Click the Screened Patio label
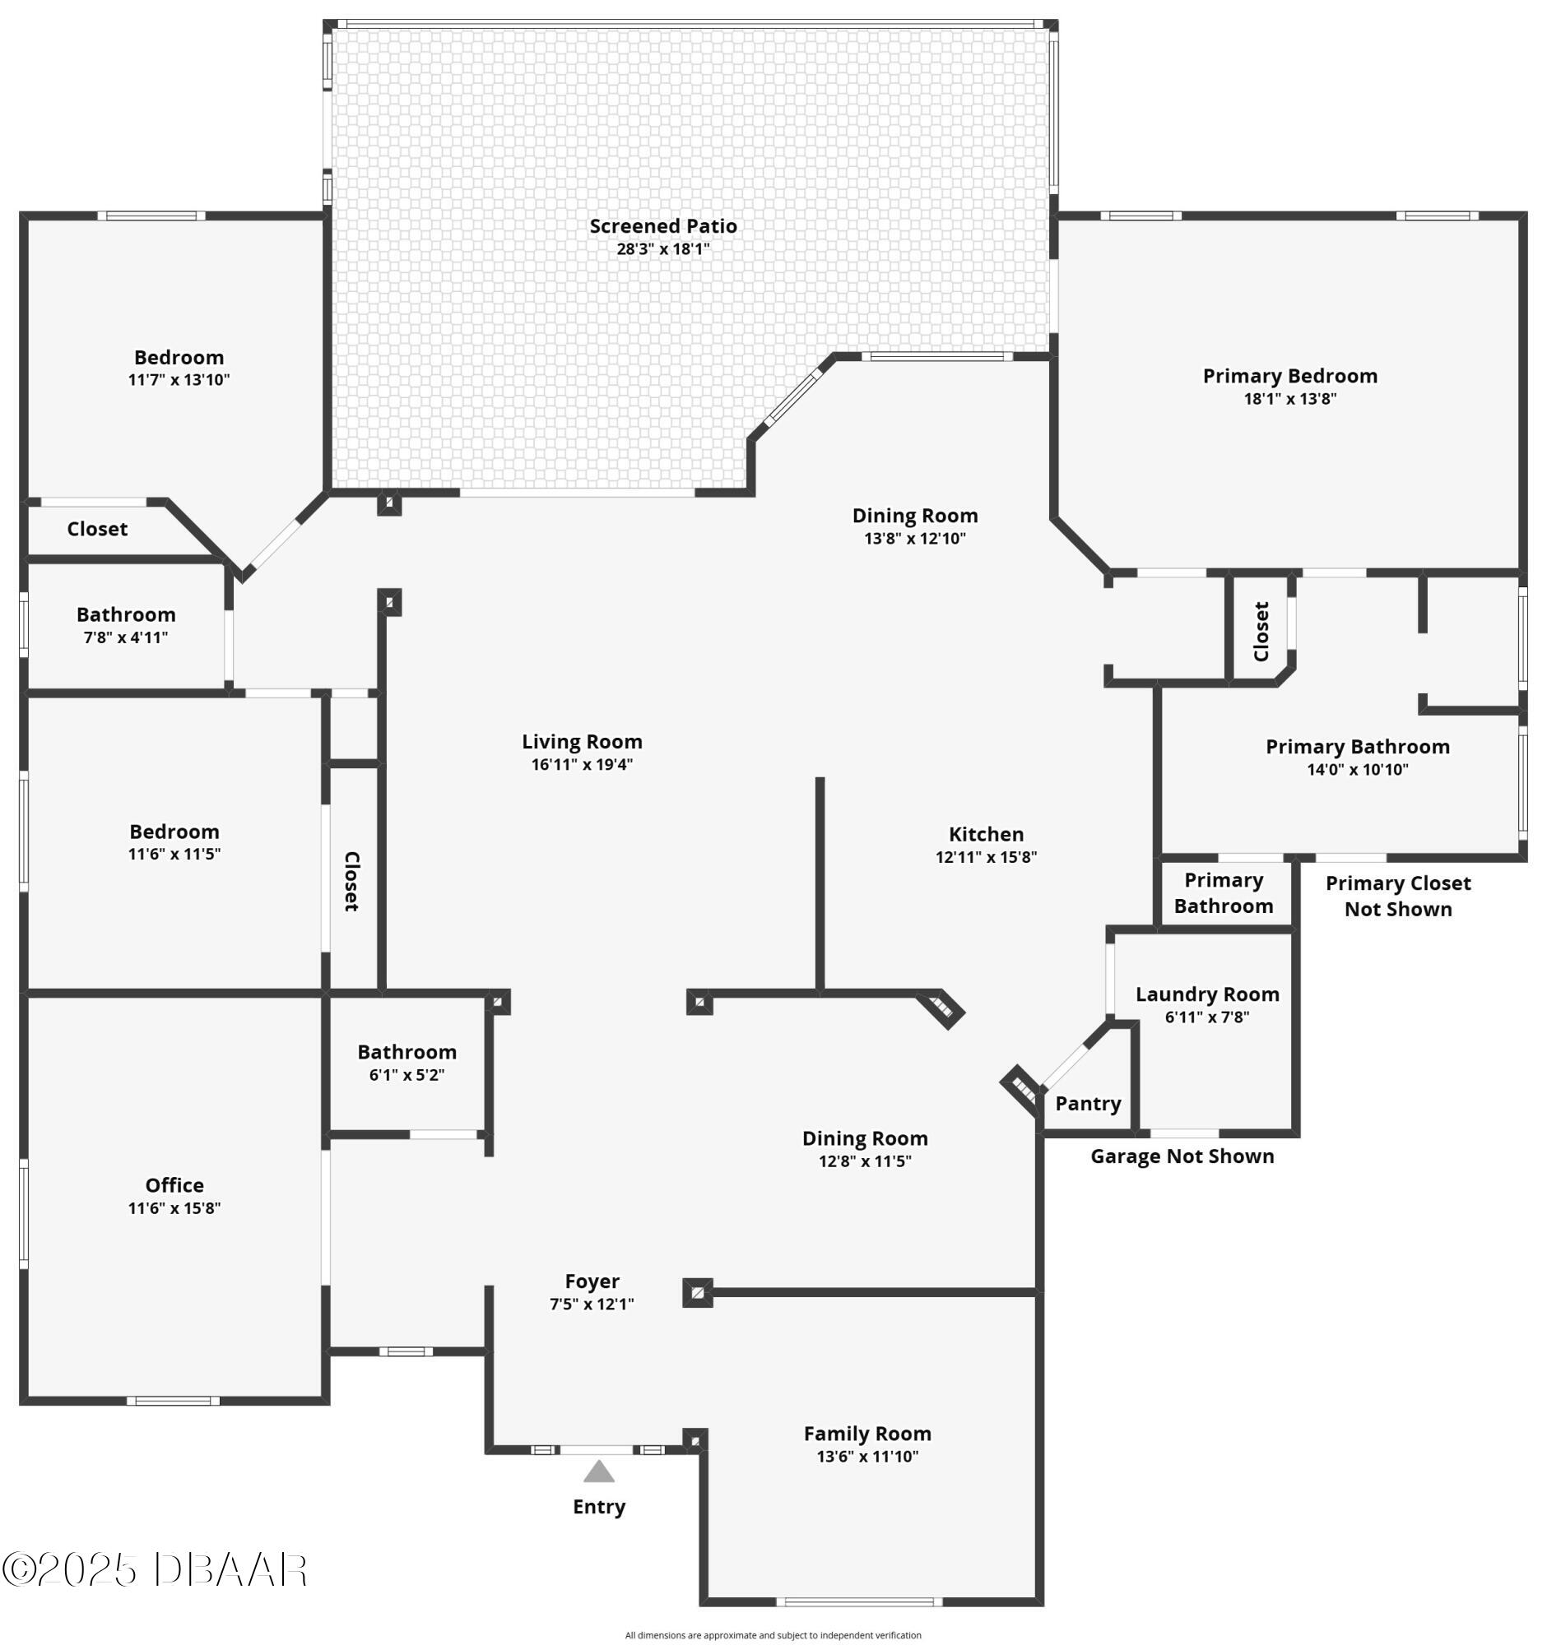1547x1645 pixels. [x=663, y=226]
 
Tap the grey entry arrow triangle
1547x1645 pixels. [x=598, y=1471]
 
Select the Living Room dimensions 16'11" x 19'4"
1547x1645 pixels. [x=582, y=765]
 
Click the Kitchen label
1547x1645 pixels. [x=986, y=834]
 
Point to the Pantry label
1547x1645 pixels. [x=1088, y=1104]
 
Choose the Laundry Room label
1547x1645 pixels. [x=1207, y=994]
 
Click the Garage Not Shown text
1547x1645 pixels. [x=1182, y=1156]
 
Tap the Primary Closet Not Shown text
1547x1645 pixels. [x=1398, y=897]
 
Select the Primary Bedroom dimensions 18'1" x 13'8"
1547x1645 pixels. [x=1289, y=399]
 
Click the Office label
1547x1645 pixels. [x=174, y=1185]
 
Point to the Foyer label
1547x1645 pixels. [x=592, y=1281]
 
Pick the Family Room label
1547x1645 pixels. [x=867, y=1433]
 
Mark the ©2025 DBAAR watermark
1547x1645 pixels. [x=155, y=1569]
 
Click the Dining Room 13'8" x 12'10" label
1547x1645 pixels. [x=915, y=526]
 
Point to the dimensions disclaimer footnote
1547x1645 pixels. [x=773, y=1635]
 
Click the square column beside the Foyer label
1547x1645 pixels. [x=697, y=1292]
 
